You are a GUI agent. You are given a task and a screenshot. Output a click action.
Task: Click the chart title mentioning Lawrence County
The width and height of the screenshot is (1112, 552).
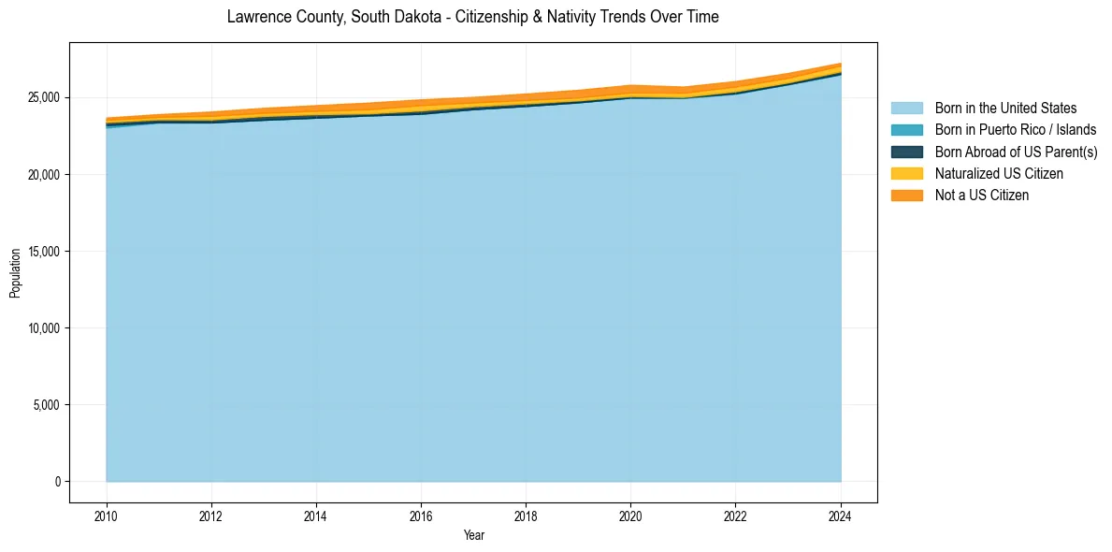pos(472,17)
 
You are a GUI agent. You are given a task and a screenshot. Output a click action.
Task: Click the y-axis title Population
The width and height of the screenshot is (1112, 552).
pos(15,272)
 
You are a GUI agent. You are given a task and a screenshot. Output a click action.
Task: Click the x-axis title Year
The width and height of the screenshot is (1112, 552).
pos(473,535)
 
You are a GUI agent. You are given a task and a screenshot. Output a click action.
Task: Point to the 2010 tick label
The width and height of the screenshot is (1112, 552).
pos(107,515)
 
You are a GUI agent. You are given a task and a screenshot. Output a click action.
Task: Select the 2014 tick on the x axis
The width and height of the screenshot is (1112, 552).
pos(316,515)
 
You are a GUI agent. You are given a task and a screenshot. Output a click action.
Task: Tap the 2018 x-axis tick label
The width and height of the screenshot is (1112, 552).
pos(526,515)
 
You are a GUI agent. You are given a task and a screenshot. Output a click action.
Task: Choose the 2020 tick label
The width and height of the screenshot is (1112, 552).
pos(630,515)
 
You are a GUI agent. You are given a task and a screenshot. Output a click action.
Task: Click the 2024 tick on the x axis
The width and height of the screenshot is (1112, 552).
pos(841,515)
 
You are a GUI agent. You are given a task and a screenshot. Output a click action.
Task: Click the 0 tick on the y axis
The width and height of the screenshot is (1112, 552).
pos(57,482)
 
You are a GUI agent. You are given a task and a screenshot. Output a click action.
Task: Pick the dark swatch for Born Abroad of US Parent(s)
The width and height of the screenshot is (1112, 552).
pos(906,152)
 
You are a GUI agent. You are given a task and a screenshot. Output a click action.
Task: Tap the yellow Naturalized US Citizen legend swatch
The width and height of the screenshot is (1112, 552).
pos(906,173)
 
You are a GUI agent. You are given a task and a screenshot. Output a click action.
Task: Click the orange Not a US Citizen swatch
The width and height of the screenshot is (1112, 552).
pos(906,195)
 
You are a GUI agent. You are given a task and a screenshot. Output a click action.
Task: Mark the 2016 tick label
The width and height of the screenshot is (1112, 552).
pos(421,515)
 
